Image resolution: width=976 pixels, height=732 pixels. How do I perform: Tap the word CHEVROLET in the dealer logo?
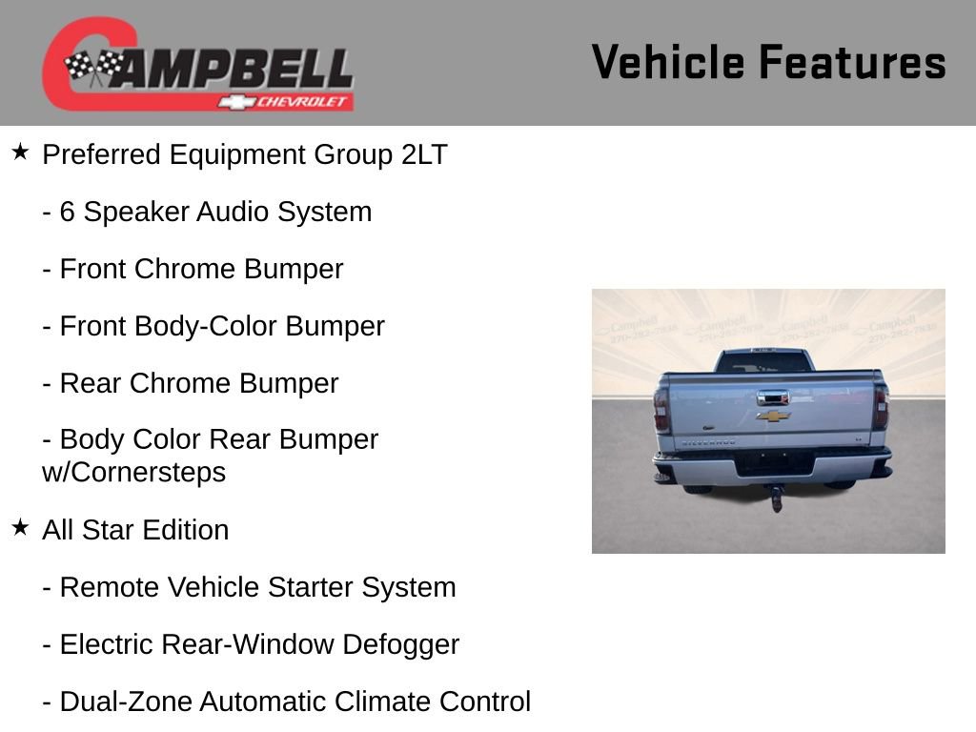[303, 102]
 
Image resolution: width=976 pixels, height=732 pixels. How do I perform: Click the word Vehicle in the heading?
[668, 62]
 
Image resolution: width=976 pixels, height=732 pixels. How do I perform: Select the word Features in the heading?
[852, 62]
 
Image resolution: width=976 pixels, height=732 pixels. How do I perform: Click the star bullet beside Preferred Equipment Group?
[20, 152]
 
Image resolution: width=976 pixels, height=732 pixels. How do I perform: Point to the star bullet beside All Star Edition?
[20, 528]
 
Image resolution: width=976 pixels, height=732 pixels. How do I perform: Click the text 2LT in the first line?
[423, 154]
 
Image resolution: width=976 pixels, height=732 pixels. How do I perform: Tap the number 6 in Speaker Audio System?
[67, 212]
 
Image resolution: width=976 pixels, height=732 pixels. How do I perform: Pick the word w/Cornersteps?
[133, 472]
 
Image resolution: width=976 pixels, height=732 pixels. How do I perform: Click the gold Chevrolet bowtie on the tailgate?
[773, 416]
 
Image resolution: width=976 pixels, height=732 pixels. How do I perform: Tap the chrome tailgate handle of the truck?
[773, 397]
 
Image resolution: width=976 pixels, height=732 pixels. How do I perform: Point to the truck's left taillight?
[661, 409]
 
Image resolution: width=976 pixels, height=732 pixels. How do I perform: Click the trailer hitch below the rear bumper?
[777, 497]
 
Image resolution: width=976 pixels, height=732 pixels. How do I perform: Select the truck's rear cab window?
[762, 362]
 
